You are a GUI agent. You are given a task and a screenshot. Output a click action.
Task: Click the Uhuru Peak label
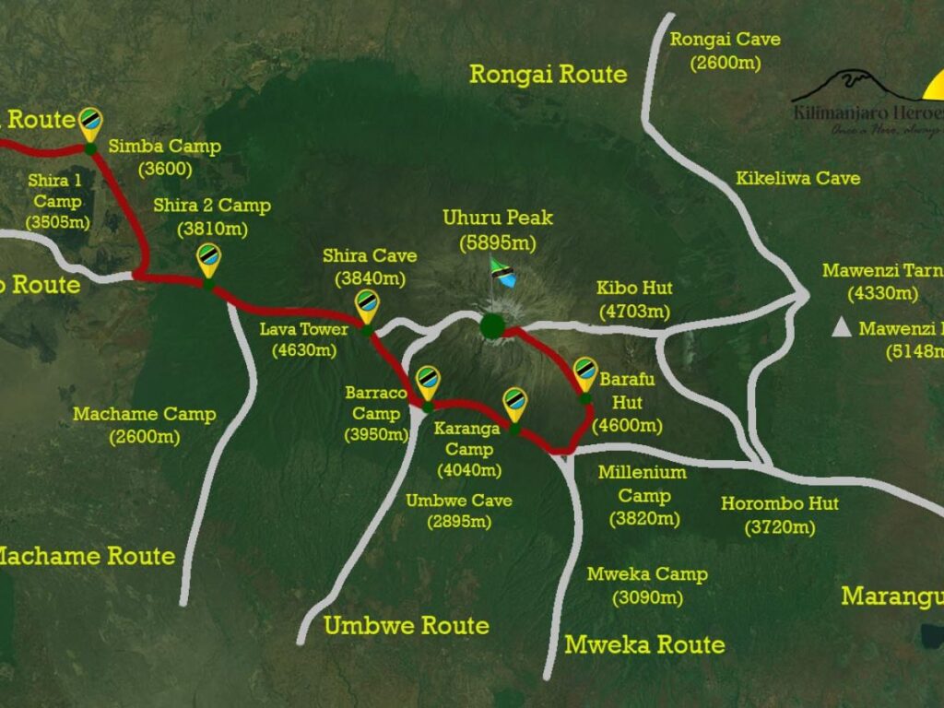point(498,230)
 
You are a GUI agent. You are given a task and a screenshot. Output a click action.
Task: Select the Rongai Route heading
point(548,74)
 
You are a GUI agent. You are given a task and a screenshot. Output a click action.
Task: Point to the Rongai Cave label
point(725,51)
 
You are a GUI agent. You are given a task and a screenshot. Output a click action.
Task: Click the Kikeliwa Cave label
point(797,178)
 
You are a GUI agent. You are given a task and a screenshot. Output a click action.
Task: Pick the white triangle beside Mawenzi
point(840,327)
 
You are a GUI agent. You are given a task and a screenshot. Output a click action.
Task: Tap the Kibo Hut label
point(635,300)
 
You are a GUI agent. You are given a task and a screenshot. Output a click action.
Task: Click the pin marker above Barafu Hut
point(584,373)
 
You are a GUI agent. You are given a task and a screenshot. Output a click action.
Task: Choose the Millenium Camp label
point(643,495)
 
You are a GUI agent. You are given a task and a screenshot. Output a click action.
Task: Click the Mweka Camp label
point(648,585)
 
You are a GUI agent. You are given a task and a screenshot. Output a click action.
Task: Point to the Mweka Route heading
point(644,643)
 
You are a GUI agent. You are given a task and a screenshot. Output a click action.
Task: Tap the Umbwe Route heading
point(406,626)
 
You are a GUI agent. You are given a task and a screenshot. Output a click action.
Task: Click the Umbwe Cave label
point(459,511)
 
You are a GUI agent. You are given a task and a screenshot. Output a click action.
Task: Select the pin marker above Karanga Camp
point(513,403)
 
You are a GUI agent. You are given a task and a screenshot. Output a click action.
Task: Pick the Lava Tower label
point(304,339)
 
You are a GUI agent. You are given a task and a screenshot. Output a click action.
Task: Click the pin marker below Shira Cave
point(367,305)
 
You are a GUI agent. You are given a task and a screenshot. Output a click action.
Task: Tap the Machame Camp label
point(144,425)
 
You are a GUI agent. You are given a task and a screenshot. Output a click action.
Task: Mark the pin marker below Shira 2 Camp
point(209,259)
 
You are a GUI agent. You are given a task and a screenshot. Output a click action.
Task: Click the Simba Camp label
point(165,158)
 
